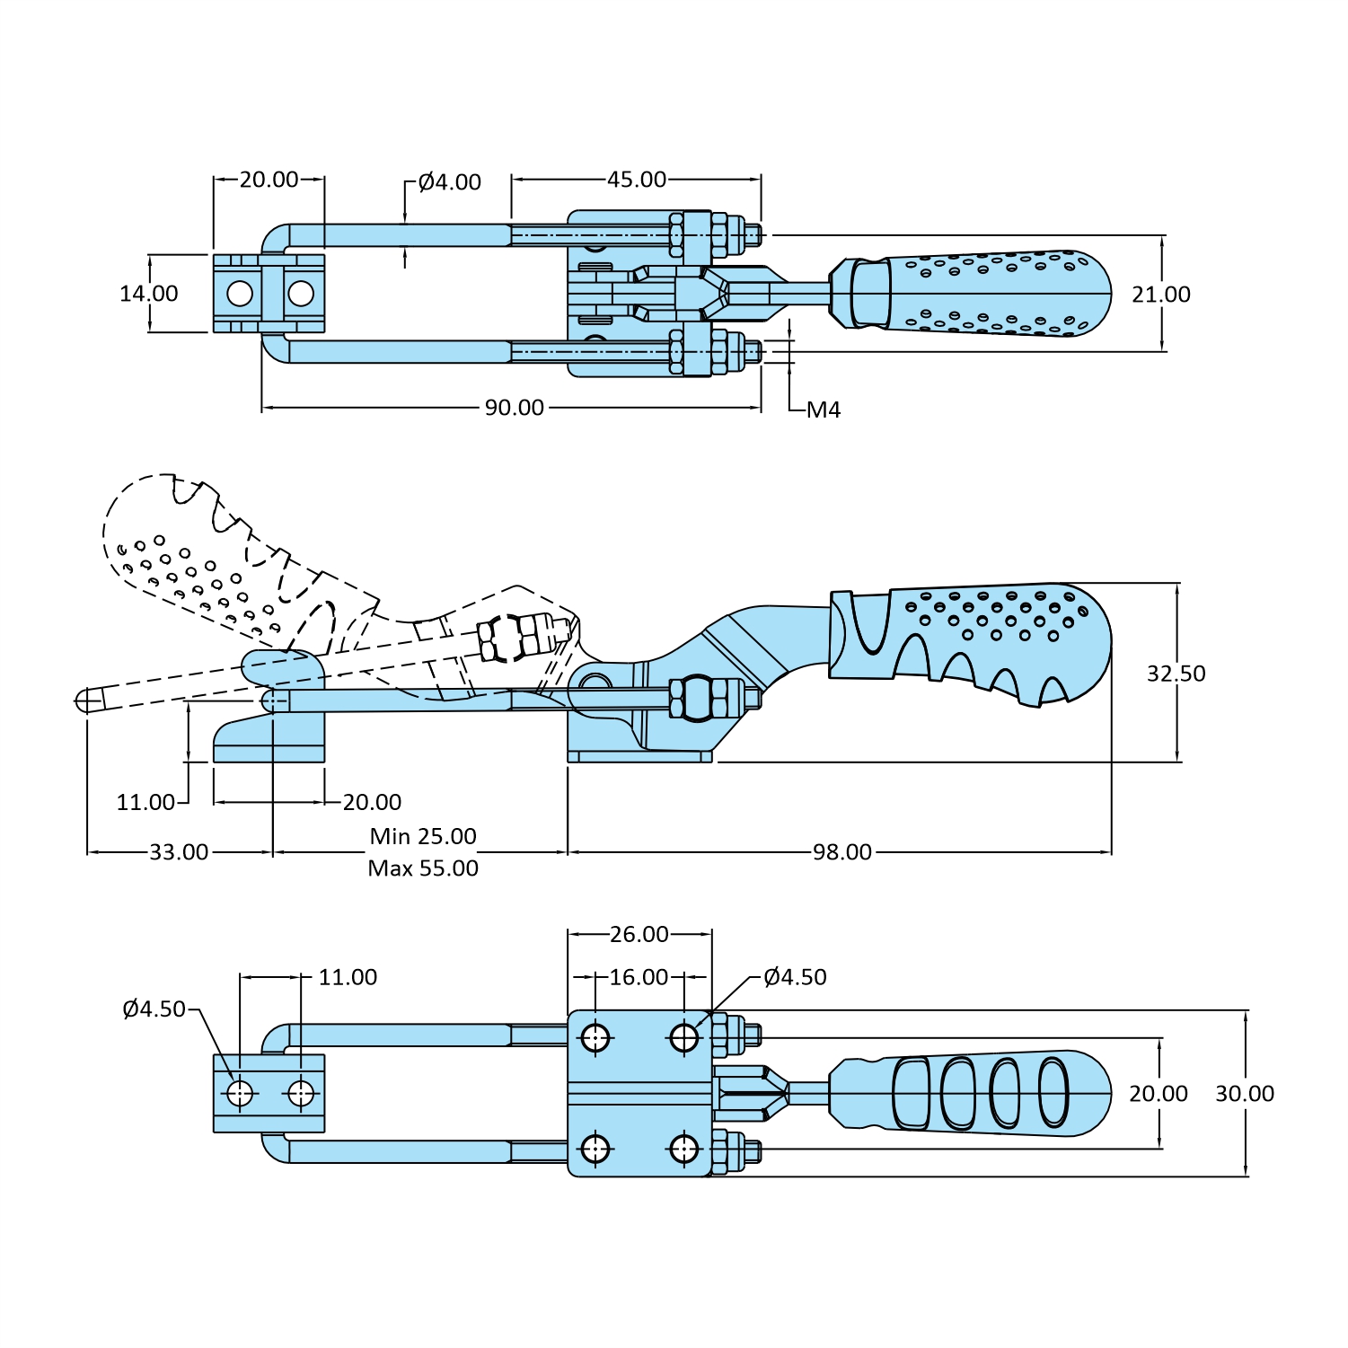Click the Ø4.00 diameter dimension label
[450, 182]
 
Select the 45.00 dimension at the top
[637, 180]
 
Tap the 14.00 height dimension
[149, 294]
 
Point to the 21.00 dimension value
[1160, 295]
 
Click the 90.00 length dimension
[515, 408]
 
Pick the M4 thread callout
[823, 410]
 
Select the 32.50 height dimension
[1176, 674]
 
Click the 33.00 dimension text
[179, 852]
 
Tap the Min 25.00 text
[423, 836]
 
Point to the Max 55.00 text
[423, 868]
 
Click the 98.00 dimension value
[841, 852]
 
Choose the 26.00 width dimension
[639, 935]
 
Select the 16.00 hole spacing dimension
[639, 977]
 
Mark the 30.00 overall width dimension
[1244, 1094]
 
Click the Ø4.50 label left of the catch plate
[154, 1009]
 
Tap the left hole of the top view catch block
[240, 294]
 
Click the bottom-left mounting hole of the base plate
[595, 1149]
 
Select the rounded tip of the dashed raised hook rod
[84, 700]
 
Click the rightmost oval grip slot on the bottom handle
[1053, 1092]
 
